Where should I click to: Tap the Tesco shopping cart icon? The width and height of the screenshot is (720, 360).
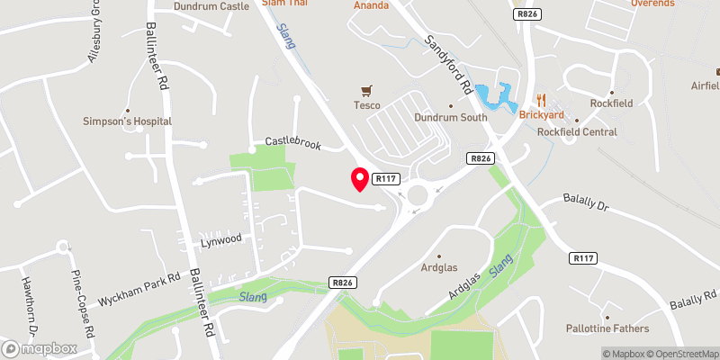tap(366, 91)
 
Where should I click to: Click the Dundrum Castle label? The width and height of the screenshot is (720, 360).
tap(211, 5)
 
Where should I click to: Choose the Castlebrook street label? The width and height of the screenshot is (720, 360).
tap(292, 142)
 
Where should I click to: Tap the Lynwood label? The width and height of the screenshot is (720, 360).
tap(221, 239)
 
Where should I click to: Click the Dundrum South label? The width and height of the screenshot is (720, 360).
tap(450, 117)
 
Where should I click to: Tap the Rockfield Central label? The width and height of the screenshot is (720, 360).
tap(577, 131)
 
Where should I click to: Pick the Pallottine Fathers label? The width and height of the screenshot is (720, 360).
tap(606, 328)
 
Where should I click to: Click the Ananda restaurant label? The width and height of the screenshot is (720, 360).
tap(372, 5)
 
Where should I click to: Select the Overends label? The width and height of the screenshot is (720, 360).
tap(652, 4)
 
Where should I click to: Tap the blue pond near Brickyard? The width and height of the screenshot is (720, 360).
tap(494, 95)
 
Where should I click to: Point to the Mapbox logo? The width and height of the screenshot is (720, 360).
tap(40, 348)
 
